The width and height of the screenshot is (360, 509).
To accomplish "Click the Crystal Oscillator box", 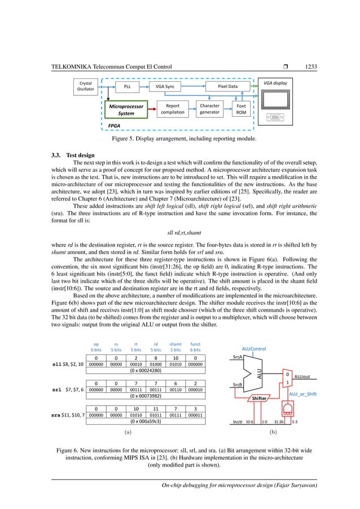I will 86,86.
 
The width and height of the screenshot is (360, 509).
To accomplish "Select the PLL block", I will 126,86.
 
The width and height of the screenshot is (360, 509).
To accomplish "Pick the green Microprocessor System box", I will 126,109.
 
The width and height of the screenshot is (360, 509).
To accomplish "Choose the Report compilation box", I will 172,108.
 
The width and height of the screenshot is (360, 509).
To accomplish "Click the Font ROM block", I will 240,108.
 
